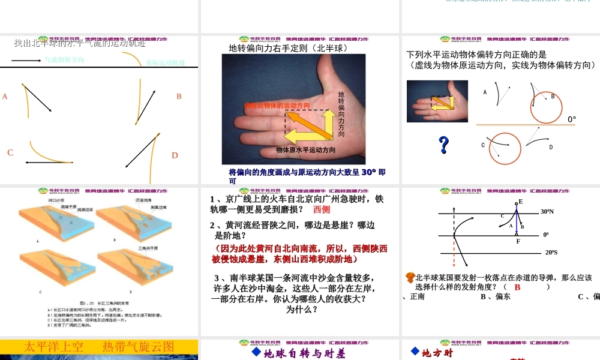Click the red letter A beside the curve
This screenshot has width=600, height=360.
(5, 97)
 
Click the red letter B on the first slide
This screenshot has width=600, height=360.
(179, 97)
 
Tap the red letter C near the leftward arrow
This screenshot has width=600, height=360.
(10, 153)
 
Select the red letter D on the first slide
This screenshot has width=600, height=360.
(175, 155)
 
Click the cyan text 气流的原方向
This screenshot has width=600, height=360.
(64, 60)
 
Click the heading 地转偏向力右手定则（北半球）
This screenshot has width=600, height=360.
(289, 48)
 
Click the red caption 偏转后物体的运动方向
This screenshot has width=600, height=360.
(277, 106)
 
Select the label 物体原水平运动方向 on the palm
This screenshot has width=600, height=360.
(306, 149)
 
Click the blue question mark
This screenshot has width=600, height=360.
(444, 145)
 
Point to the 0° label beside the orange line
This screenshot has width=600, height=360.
(572, 119)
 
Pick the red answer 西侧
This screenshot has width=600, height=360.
(322, 210)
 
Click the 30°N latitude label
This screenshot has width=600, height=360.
(547, 212)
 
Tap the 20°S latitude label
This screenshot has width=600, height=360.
(551, 253)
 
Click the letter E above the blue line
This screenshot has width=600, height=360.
(520, 202)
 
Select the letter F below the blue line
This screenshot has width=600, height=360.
(518, 241)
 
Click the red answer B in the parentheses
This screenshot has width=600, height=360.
(517, 287)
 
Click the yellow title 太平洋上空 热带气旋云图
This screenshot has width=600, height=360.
(98, 347)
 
